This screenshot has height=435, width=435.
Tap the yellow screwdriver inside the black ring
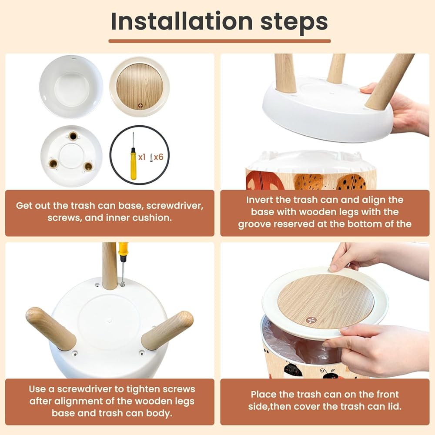[x=134, y=156]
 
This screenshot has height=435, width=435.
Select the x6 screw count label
[x=159, y=157]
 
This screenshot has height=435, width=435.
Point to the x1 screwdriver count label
[x=142, y=157]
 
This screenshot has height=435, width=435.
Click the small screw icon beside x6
[x=151, y=158]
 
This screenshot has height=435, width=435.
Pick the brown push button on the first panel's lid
[x=141, y=106]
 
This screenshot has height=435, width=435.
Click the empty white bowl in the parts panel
[x=71, y=87]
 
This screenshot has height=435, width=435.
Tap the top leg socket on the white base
[x=73, y=136]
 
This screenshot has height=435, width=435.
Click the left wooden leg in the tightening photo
[x=51, y=328]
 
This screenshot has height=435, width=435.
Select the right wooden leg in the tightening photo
[x=167, y=330]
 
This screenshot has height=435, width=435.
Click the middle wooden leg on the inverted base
[x=336, y=68]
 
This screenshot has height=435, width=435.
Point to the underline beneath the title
[x=219, y=41]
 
